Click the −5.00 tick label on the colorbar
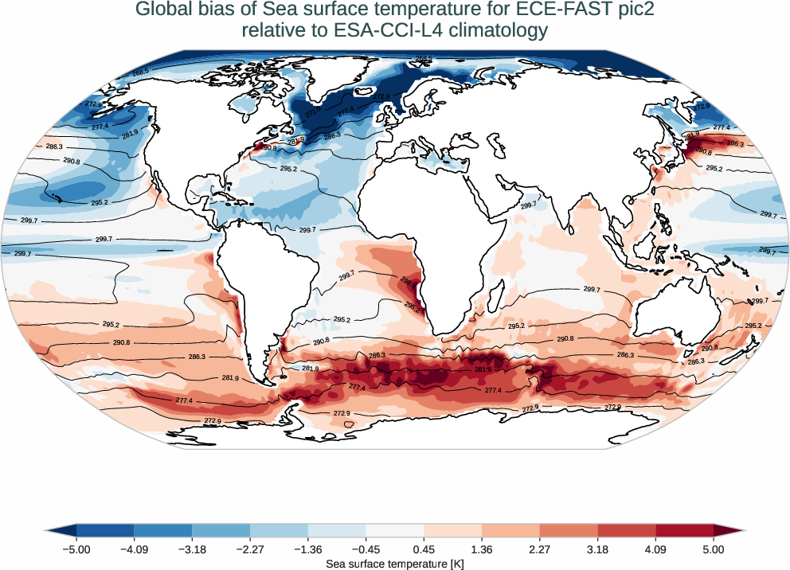click(x=76, y=549)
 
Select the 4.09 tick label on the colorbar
click(x=655, y=549)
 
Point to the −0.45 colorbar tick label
click(x=366, y=549)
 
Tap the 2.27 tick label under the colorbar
click(x=540, y=549)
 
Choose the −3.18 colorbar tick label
click(x=192, y=549)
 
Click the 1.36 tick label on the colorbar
click(x=482, y=549)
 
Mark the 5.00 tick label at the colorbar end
click(x=714, y=549)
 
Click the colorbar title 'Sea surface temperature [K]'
click(x=395, y=563)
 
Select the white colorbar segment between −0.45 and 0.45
click(x=395, y=530)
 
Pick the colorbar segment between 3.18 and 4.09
click(x=627, y=530)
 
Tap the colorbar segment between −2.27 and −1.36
click(x=279, y=530)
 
